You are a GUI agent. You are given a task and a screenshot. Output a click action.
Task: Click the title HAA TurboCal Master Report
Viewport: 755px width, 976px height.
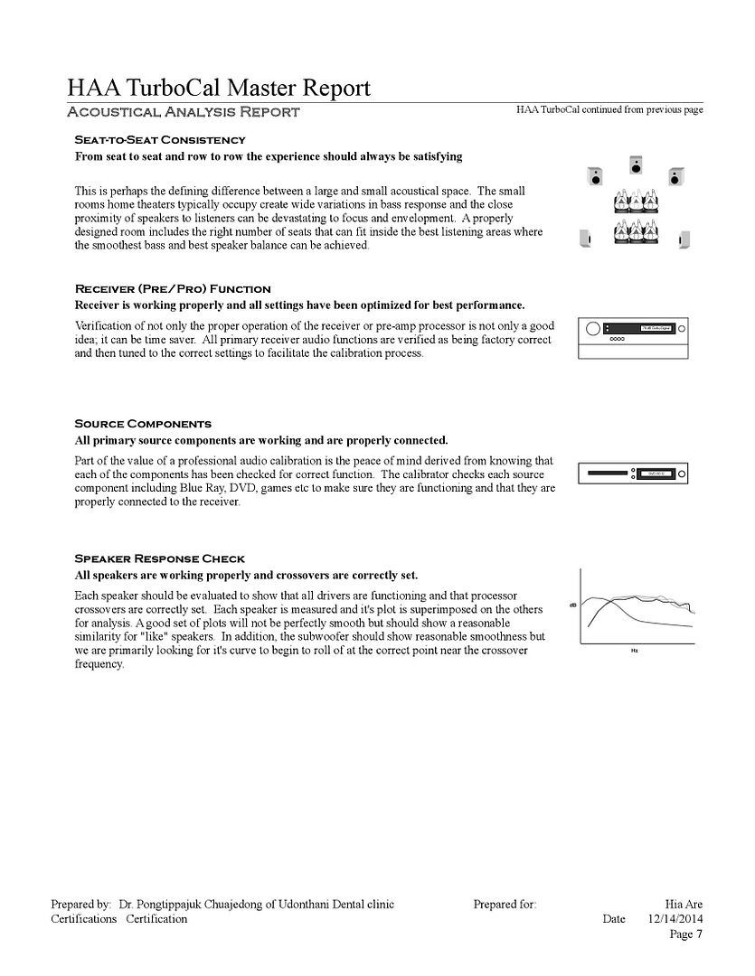218,88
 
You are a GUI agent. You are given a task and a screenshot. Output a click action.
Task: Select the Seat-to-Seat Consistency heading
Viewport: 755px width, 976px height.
159,140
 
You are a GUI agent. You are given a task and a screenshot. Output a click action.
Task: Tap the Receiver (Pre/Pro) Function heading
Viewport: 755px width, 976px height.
172,289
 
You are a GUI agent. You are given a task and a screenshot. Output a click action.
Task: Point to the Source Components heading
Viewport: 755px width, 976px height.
143,424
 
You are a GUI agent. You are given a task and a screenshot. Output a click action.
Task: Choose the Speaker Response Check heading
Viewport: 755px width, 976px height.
159,558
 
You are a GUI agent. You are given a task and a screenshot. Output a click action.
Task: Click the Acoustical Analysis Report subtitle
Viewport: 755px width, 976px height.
184,112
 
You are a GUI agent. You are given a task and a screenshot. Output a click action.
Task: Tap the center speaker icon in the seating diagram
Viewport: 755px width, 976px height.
636,165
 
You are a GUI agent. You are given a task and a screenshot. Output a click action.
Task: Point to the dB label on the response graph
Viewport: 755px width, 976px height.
572,605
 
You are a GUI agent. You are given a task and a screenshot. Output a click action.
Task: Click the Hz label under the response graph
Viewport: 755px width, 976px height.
635,650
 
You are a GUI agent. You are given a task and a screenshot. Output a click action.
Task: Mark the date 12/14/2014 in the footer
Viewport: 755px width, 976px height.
675,919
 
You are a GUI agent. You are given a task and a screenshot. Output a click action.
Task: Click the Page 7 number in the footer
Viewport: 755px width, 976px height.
685,934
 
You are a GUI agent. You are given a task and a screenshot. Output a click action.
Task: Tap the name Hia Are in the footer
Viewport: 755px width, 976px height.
684,904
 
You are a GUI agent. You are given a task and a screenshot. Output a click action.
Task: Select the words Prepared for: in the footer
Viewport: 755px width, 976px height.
505,904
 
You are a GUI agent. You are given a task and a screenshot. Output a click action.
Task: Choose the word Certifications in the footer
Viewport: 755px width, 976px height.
84,919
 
